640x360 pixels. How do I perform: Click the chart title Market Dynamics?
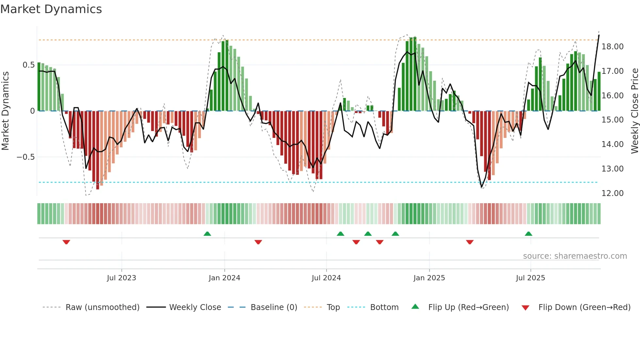[x=51, y=9]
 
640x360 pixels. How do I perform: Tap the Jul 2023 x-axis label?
[x=121, y=278]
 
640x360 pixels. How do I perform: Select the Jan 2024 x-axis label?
[x=224, y=278]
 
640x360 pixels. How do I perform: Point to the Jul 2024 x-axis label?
[x=326, y=278]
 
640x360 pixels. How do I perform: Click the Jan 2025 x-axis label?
[x=429, y=278]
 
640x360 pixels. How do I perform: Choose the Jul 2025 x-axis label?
[x=530, y=278]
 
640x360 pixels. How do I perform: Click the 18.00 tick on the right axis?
[x=613, y=47]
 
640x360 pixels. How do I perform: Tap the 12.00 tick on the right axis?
[x=613, y=193]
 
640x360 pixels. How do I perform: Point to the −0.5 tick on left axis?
[x=25, y=157]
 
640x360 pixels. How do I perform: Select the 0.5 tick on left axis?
[x=28, y=65]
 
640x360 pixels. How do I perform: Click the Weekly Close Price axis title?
[x=634, y=111]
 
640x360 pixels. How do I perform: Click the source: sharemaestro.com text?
[x=575, y=256]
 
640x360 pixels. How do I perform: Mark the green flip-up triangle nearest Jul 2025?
[x=528, y=234]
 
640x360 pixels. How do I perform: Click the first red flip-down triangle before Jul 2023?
[x=66, y=242]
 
